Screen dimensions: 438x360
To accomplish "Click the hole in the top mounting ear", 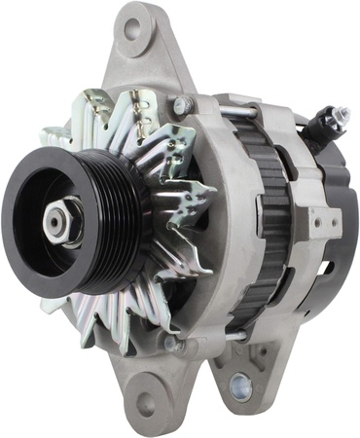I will (131, 29).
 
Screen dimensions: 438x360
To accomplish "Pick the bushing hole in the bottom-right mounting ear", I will (239, 387).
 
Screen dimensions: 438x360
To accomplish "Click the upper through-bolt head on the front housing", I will (181, 105).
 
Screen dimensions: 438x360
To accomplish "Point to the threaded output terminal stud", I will (340, 114).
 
